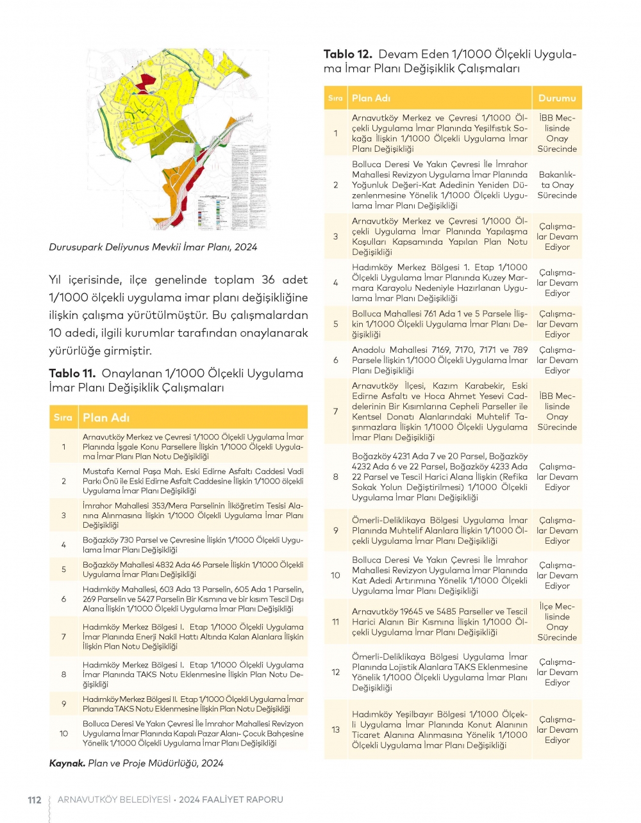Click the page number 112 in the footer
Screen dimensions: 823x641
pyautogui.click(x=34, y=800)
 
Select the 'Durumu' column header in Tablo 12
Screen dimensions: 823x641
pyautogui.click(x=557, y=98)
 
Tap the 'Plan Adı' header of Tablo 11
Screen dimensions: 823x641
pyautogui.click(x=106, y=418)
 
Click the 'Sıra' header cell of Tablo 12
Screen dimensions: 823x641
pyautogui.click(x=335, y=98)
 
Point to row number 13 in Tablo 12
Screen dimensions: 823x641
pyautogui.click(x=336, y=729)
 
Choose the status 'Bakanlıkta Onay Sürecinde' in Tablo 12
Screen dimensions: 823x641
pyautogui.click(x=557, y=184)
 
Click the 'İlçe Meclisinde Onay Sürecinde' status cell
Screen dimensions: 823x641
pyautogui.click(x=557, y=622)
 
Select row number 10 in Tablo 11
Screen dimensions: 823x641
pyautogui.click(x=63, y=734)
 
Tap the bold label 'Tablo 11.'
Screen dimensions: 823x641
pyautogui.click(x=72, y=373)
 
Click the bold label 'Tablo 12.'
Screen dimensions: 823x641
pyautogui.click(x=347, y=54)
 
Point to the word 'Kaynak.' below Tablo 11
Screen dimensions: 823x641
pyautogui.click(x=67, y=763)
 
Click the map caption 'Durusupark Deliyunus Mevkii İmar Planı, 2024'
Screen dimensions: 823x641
pyautogui.click(x=153, y=247)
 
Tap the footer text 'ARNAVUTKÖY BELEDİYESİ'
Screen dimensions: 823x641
pyautogui.click(x=114, y=800)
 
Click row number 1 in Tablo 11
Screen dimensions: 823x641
pyautogui.click(x=63, y=447)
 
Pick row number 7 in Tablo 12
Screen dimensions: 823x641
pyautogui.click(x=336, y=411)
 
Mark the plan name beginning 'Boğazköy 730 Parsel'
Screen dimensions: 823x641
pyautogui.click(x=192, y=545)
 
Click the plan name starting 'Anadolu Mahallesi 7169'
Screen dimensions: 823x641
pyautogui.click(x=440, y=360)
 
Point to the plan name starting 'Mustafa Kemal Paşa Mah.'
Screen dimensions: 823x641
pyautogui.click(x=192, y=481)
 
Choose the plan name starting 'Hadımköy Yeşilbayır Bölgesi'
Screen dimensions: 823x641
pyautogui.click(x=440, y=729)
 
